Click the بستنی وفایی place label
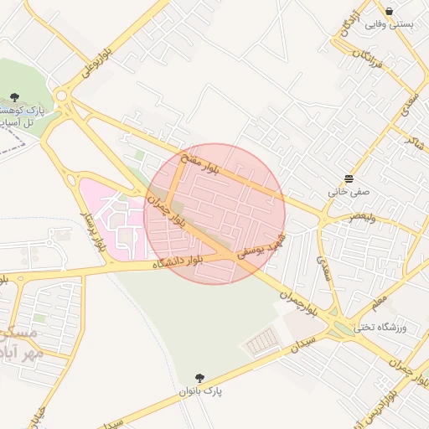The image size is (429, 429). coord(390,25)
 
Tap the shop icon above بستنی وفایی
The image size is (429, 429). coord(390,11)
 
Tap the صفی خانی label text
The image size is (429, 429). coord(349,191)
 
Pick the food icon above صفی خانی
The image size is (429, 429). coord(349,178)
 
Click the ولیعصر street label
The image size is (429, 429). coord(346,217)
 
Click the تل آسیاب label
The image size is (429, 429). coord(15,123)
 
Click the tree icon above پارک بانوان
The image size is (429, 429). coord(199,378)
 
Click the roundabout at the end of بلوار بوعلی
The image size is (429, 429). coord(61,95)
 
